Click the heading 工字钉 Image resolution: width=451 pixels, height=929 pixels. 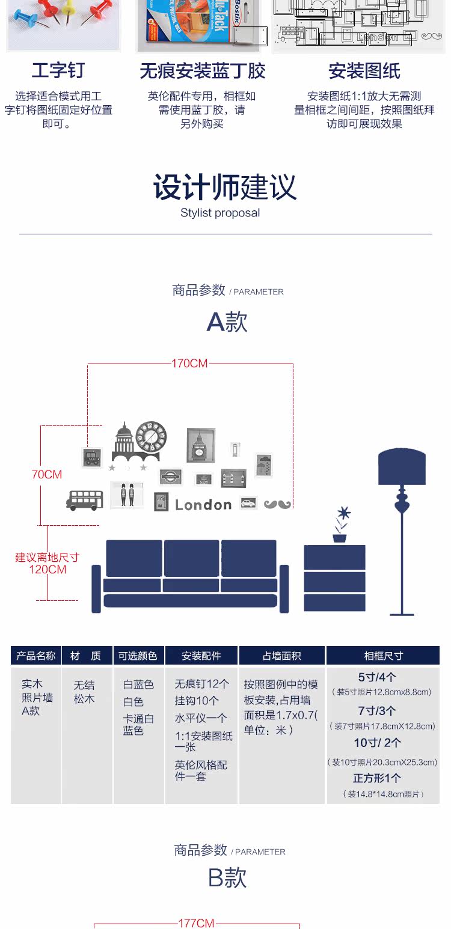58,71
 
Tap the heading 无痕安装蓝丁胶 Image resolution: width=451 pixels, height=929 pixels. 202,72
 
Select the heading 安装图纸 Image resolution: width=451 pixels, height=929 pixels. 364,72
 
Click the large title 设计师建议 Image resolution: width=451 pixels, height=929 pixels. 225,187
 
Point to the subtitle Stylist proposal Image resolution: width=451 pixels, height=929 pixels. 220,213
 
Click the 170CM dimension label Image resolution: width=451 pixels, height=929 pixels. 189,364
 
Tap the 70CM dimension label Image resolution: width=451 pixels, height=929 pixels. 47,475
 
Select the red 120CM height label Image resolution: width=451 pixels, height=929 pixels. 48,570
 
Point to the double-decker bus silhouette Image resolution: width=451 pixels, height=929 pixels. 85,500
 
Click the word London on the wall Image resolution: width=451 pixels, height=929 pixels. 203,505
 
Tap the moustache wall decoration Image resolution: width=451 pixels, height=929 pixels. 277,504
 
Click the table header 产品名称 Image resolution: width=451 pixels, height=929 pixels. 36,656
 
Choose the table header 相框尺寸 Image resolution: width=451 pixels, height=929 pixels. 383,656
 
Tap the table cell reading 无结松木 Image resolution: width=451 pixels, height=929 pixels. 84,692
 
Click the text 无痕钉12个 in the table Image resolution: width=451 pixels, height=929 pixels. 201,684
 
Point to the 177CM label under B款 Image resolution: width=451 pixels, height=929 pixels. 197,923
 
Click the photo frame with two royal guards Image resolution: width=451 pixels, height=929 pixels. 127,495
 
